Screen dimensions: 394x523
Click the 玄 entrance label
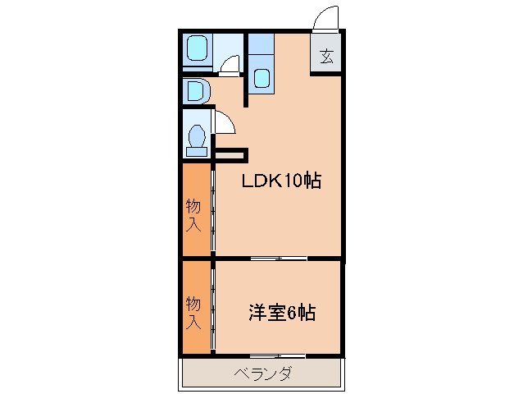click(326, 57)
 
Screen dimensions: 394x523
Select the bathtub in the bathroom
click(198, 50)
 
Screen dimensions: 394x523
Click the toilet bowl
click(197, 136)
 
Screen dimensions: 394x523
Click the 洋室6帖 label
click(282, 313)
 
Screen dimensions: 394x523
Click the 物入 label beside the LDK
click(193, 214)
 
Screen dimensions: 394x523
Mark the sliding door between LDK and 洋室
click(279, 259)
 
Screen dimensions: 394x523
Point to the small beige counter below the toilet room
click(230, 153)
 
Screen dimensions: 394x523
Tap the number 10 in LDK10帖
click(292, 181)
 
